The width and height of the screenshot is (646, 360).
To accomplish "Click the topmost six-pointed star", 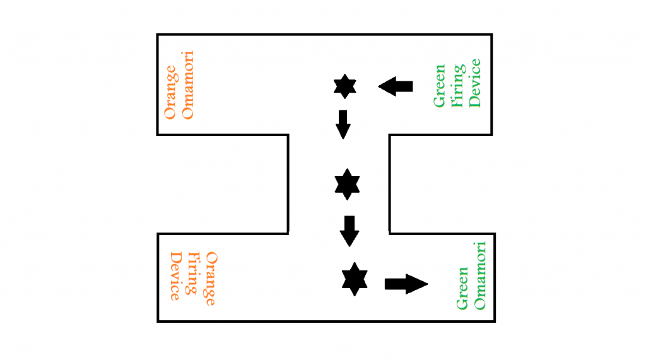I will point(344,86).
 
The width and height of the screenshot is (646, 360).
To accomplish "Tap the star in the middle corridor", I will point(346,184).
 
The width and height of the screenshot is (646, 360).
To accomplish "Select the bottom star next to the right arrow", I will point(355,279).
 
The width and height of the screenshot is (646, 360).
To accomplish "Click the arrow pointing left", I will point(396,86).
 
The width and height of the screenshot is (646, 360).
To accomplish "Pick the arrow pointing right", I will point(406,284).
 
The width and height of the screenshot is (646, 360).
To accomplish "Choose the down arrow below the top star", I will point(343,124).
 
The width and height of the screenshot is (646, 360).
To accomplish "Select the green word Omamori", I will point(481,275).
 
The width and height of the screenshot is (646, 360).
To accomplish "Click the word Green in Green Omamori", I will point(463,287).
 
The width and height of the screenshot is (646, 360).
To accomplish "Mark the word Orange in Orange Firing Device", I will point(211,279).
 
